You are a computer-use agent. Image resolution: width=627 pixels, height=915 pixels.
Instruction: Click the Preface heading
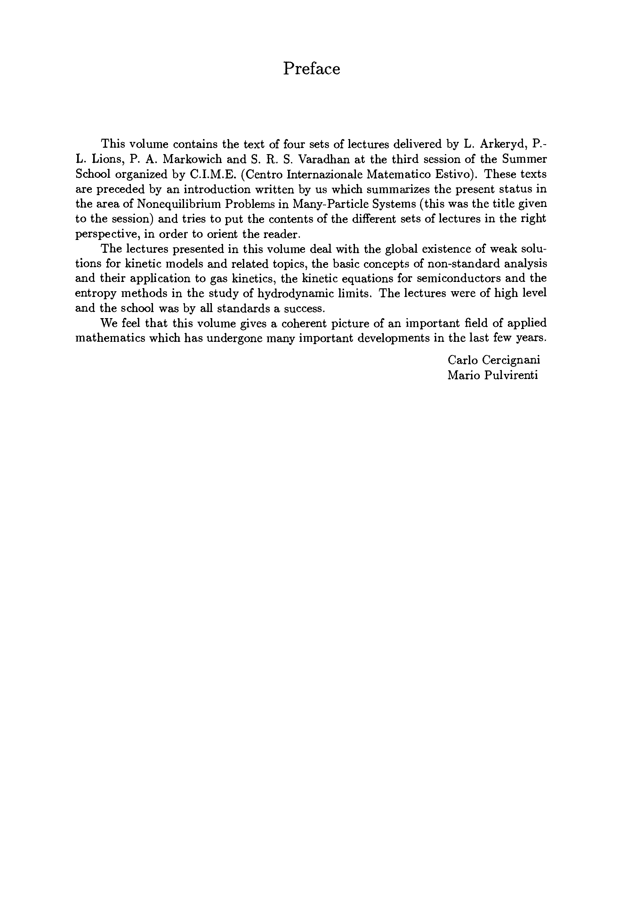(x=311, y=69)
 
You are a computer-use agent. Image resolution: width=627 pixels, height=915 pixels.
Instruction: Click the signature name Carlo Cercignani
(x=494, y=360)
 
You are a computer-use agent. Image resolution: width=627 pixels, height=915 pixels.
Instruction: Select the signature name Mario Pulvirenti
(x=493, y=375)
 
